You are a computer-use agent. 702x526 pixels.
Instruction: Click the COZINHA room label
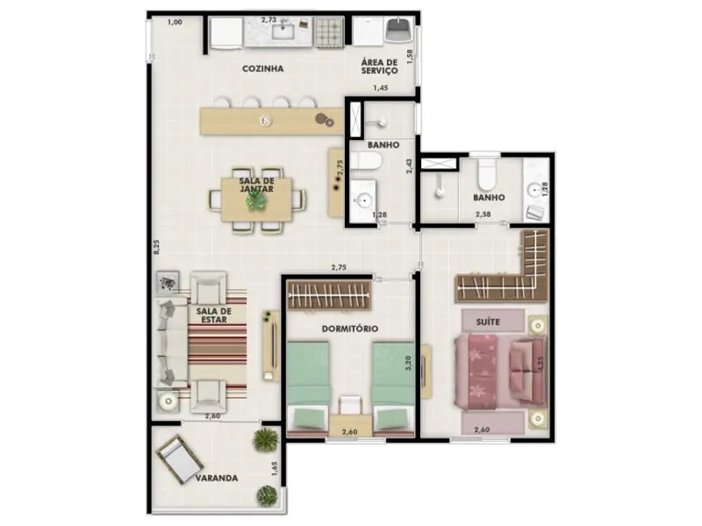pyautogui.click(x=262, y=69)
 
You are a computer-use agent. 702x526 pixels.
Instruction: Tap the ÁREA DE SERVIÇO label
pyautogui.click(x=379, y=66)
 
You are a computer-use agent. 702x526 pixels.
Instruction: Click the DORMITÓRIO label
pyautogui.click(x=351, y=329)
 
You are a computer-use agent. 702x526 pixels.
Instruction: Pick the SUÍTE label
pyautogui.click(x=487, y=322)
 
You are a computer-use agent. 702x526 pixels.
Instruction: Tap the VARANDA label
pyautogui.click(x=216, y=478)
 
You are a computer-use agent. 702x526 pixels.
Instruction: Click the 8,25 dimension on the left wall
pyautogui.click(x=156, y=248)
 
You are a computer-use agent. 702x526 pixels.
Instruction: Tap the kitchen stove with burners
pyautogui.click(x=330, y=32)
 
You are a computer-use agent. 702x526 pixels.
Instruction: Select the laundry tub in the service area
pyautogui.click(x=399, y=31)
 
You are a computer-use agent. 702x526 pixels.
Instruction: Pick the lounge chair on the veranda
pyautogui.click(x=180, y=459)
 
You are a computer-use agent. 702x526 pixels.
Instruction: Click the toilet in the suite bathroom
pyautogui.click(x=487, y=175)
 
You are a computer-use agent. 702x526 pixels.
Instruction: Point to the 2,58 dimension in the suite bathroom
pyautogui.click(x=483, y=214)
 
